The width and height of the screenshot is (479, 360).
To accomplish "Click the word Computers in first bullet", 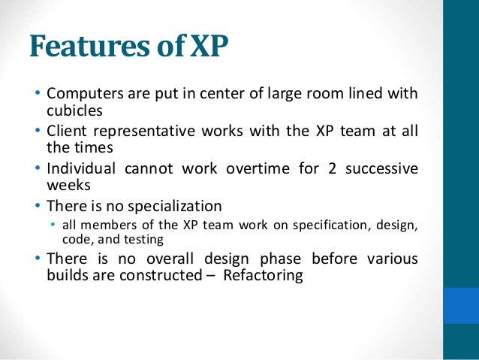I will tap(83, 95).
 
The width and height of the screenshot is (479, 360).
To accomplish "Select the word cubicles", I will tap(69, 110).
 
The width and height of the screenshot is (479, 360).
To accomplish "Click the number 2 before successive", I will tap(331, 168).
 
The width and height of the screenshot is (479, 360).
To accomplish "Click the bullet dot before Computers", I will tap(38, 95).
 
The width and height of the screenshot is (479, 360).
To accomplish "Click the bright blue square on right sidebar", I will tap(461, 305).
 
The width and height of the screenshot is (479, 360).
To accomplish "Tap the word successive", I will tap(382, 168).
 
